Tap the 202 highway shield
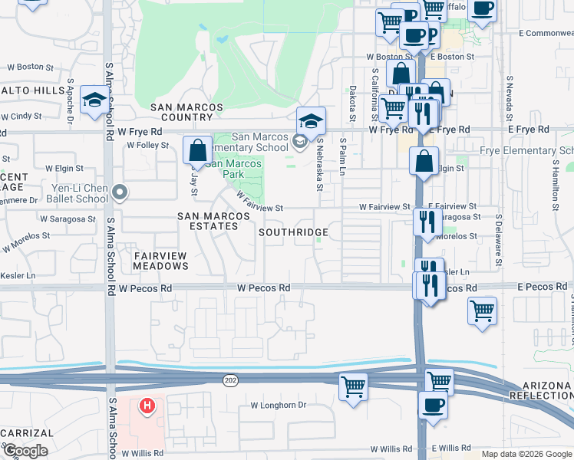point(230,380)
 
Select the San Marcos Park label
point(235,169)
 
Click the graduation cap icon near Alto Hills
point(94,100)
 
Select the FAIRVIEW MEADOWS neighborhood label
point(160,260)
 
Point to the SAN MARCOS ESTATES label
point(213,222)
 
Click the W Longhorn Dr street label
point(278,405)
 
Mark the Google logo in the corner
point(25,451)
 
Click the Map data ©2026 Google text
point(526,454)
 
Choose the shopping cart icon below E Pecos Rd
point(482,311)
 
